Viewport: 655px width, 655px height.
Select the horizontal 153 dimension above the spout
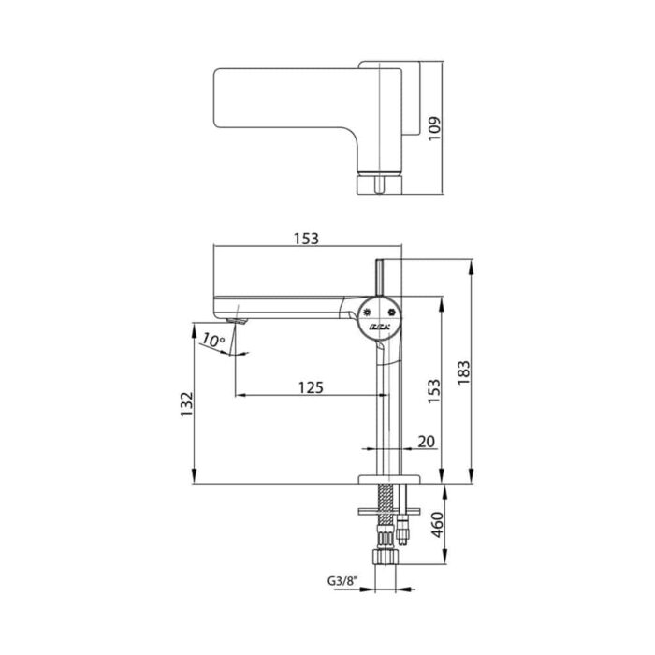click(306, 238)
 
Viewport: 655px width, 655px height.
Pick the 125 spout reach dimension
click(310, 386)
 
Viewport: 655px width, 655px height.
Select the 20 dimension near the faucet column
click(427, 441)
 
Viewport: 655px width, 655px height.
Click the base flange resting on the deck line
click(384, 478)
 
